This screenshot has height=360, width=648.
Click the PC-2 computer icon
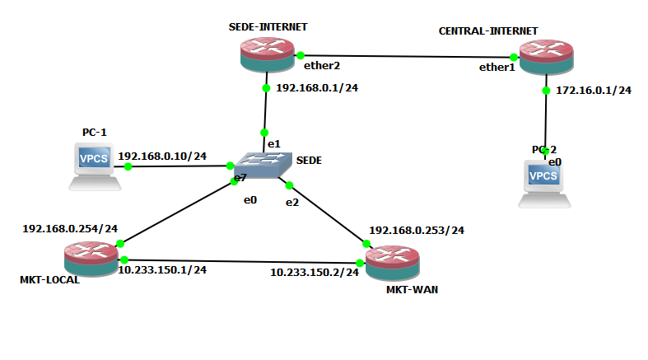(545, 182)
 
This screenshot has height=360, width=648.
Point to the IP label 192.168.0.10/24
(162, 156)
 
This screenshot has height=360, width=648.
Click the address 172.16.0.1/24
(594, 90)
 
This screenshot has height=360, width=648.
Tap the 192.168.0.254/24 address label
(70, 228)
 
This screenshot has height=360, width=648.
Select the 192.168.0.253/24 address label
(417, 230)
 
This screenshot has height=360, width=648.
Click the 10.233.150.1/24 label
(162, 269)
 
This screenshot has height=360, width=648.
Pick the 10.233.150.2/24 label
(315, 272)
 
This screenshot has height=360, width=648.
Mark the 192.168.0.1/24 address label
(316, 86)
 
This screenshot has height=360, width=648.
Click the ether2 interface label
(322, 63)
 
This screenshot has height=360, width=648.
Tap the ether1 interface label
(496, 68)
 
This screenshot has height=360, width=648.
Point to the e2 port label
(291, 202)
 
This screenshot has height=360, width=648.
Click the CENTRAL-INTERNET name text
(488, 30)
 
